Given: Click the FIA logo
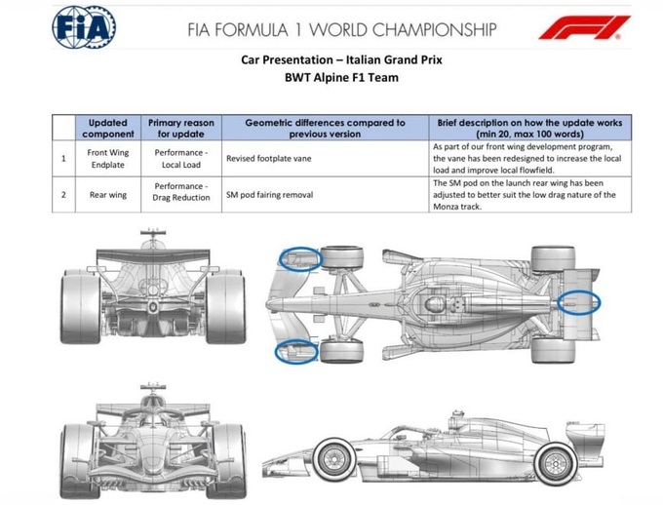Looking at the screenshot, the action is [x=84, y=27].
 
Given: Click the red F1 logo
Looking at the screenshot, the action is [x=584, y=27].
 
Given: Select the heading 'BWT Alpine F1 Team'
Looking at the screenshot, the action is [x=341, y=78].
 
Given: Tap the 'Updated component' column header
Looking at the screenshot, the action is [x=108, y=128].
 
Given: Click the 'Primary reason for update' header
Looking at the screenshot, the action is [x=181, y=128].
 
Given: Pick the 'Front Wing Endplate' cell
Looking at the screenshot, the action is [x=108, y=159].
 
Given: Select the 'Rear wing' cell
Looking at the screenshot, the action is [x=108, y=195].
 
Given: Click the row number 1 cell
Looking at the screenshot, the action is [x=63, y=159].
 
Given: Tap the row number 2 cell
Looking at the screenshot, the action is [x=63, y=195].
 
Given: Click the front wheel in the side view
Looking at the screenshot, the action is [x=334, y=460].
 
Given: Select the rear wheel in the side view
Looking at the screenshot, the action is [x=556, y=463].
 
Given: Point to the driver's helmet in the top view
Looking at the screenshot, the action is [x=433, y=303].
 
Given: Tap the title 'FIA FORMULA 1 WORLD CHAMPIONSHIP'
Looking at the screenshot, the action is [x=341, y=30].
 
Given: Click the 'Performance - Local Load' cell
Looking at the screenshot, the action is [x=181, y=159].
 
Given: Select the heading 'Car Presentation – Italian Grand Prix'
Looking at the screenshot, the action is [x=341, y=59].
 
